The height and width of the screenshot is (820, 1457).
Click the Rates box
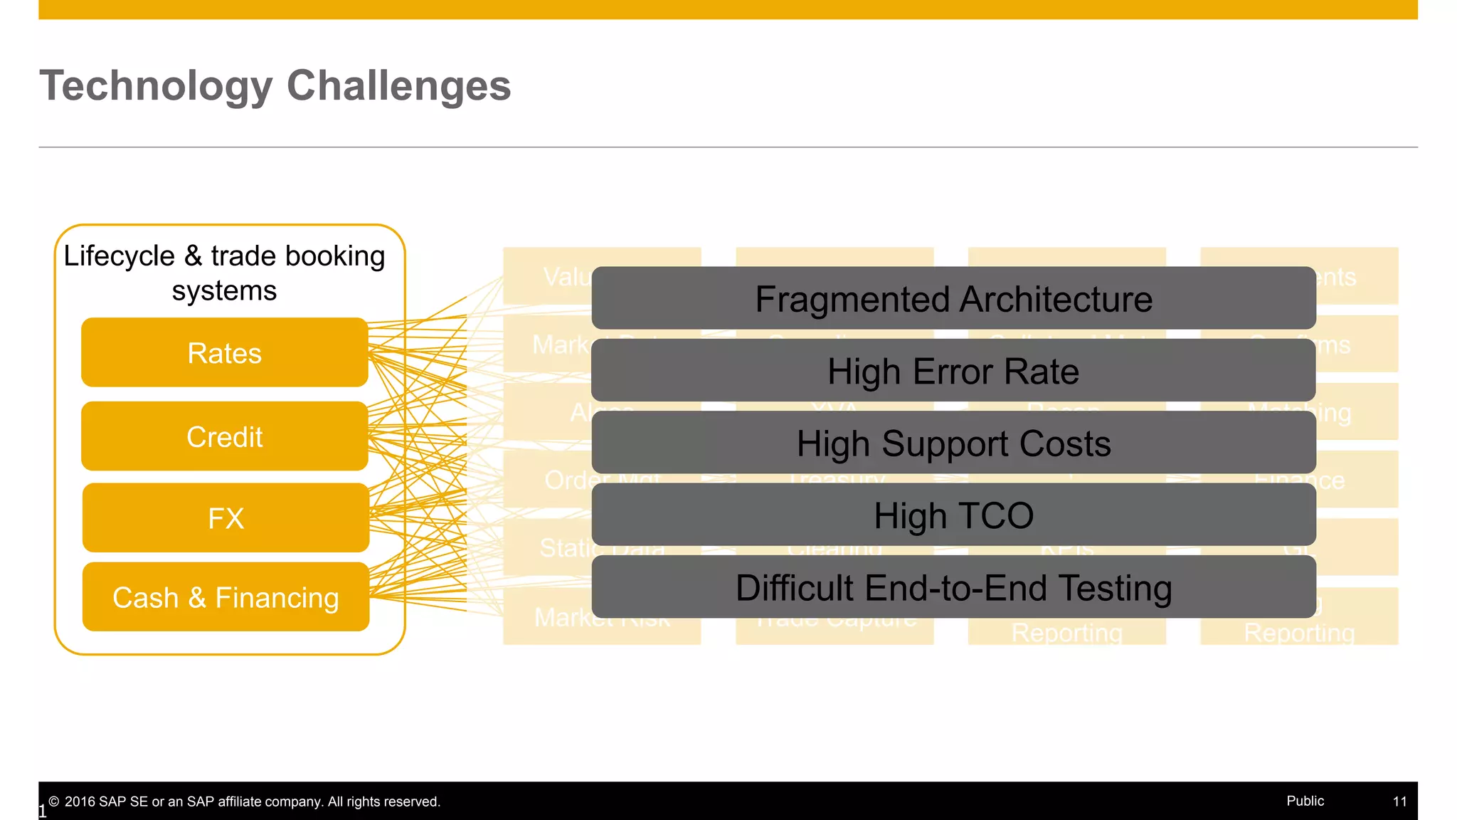(224, 353)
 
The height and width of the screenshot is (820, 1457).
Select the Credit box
(224, 436)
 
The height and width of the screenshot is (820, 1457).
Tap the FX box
(226, 518)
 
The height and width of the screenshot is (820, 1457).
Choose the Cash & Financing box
(226, 597)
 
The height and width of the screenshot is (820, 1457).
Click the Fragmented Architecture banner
(953, 298)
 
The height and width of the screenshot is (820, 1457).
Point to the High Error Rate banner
(953, 371)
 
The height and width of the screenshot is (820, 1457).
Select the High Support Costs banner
(953, 443)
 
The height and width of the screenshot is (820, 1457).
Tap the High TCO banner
(953, 515)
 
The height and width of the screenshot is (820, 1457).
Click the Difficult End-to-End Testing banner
(953, 587)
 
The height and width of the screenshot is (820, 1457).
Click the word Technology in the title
(156, 86)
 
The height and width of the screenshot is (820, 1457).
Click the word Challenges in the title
(398, 86)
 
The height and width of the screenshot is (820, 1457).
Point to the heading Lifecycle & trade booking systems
(224, 273)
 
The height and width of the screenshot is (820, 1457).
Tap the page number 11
(1399, 801)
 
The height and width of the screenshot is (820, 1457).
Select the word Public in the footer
(1305, 801)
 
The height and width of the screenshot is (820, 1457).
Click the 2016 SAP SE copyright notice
(245, 801)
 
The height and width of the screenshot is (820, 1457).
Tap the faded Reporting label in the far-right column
(1299, 633)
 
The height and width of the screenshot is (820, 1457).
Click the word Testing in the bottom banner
(1115, 588)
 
